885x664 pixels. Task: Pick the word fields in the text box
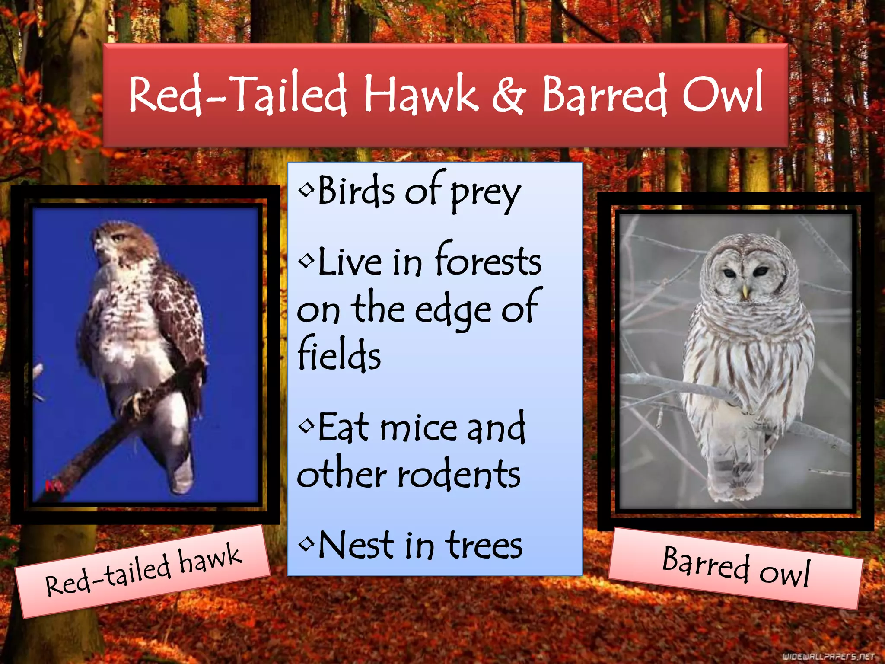point(339,354)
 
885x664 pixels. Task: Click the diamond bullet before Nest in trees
point(306,543)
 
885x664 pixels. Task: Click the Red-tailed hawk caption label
point(143,571)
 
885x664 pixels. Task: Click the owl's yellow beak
point(745,292)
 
